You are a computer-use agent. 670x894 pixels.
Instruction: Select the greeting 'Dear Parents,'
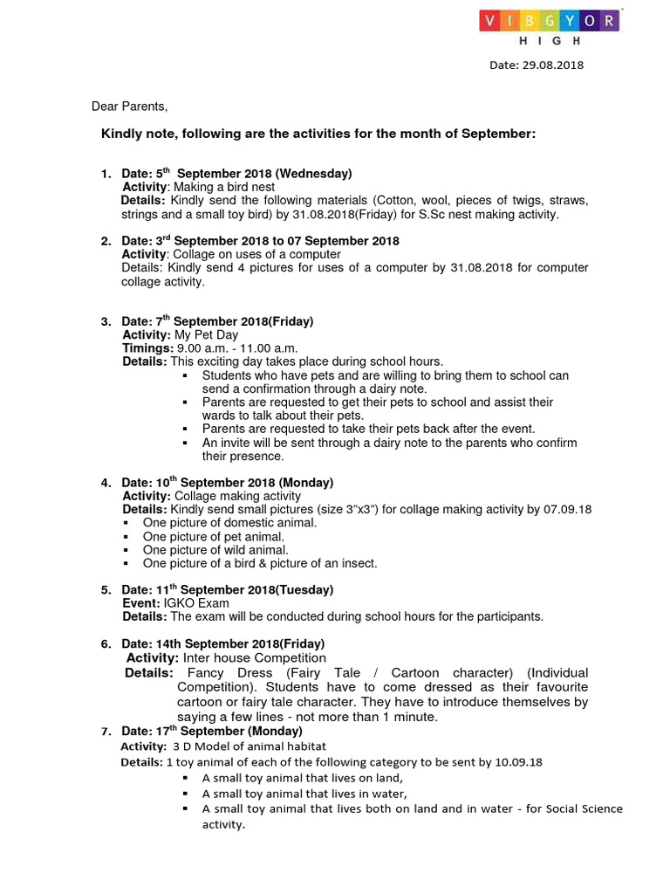(129, 107)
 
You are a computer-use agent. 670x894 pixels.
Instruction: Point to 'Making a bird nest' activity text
(224, 187)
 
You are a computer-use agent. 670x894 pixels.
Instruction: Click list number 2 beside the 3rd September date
(105, 241)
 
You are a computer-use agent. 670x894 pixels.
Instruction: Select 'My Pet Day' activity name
(207, 334)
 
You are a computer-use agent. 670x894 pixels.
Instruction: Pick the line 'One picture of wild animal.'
(215, 550)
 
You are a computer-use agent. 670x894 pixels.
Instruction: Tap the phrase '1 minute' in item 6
(412, 717)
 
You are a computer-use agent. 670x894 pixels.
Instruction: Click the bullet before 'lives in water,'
(186, 794)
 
